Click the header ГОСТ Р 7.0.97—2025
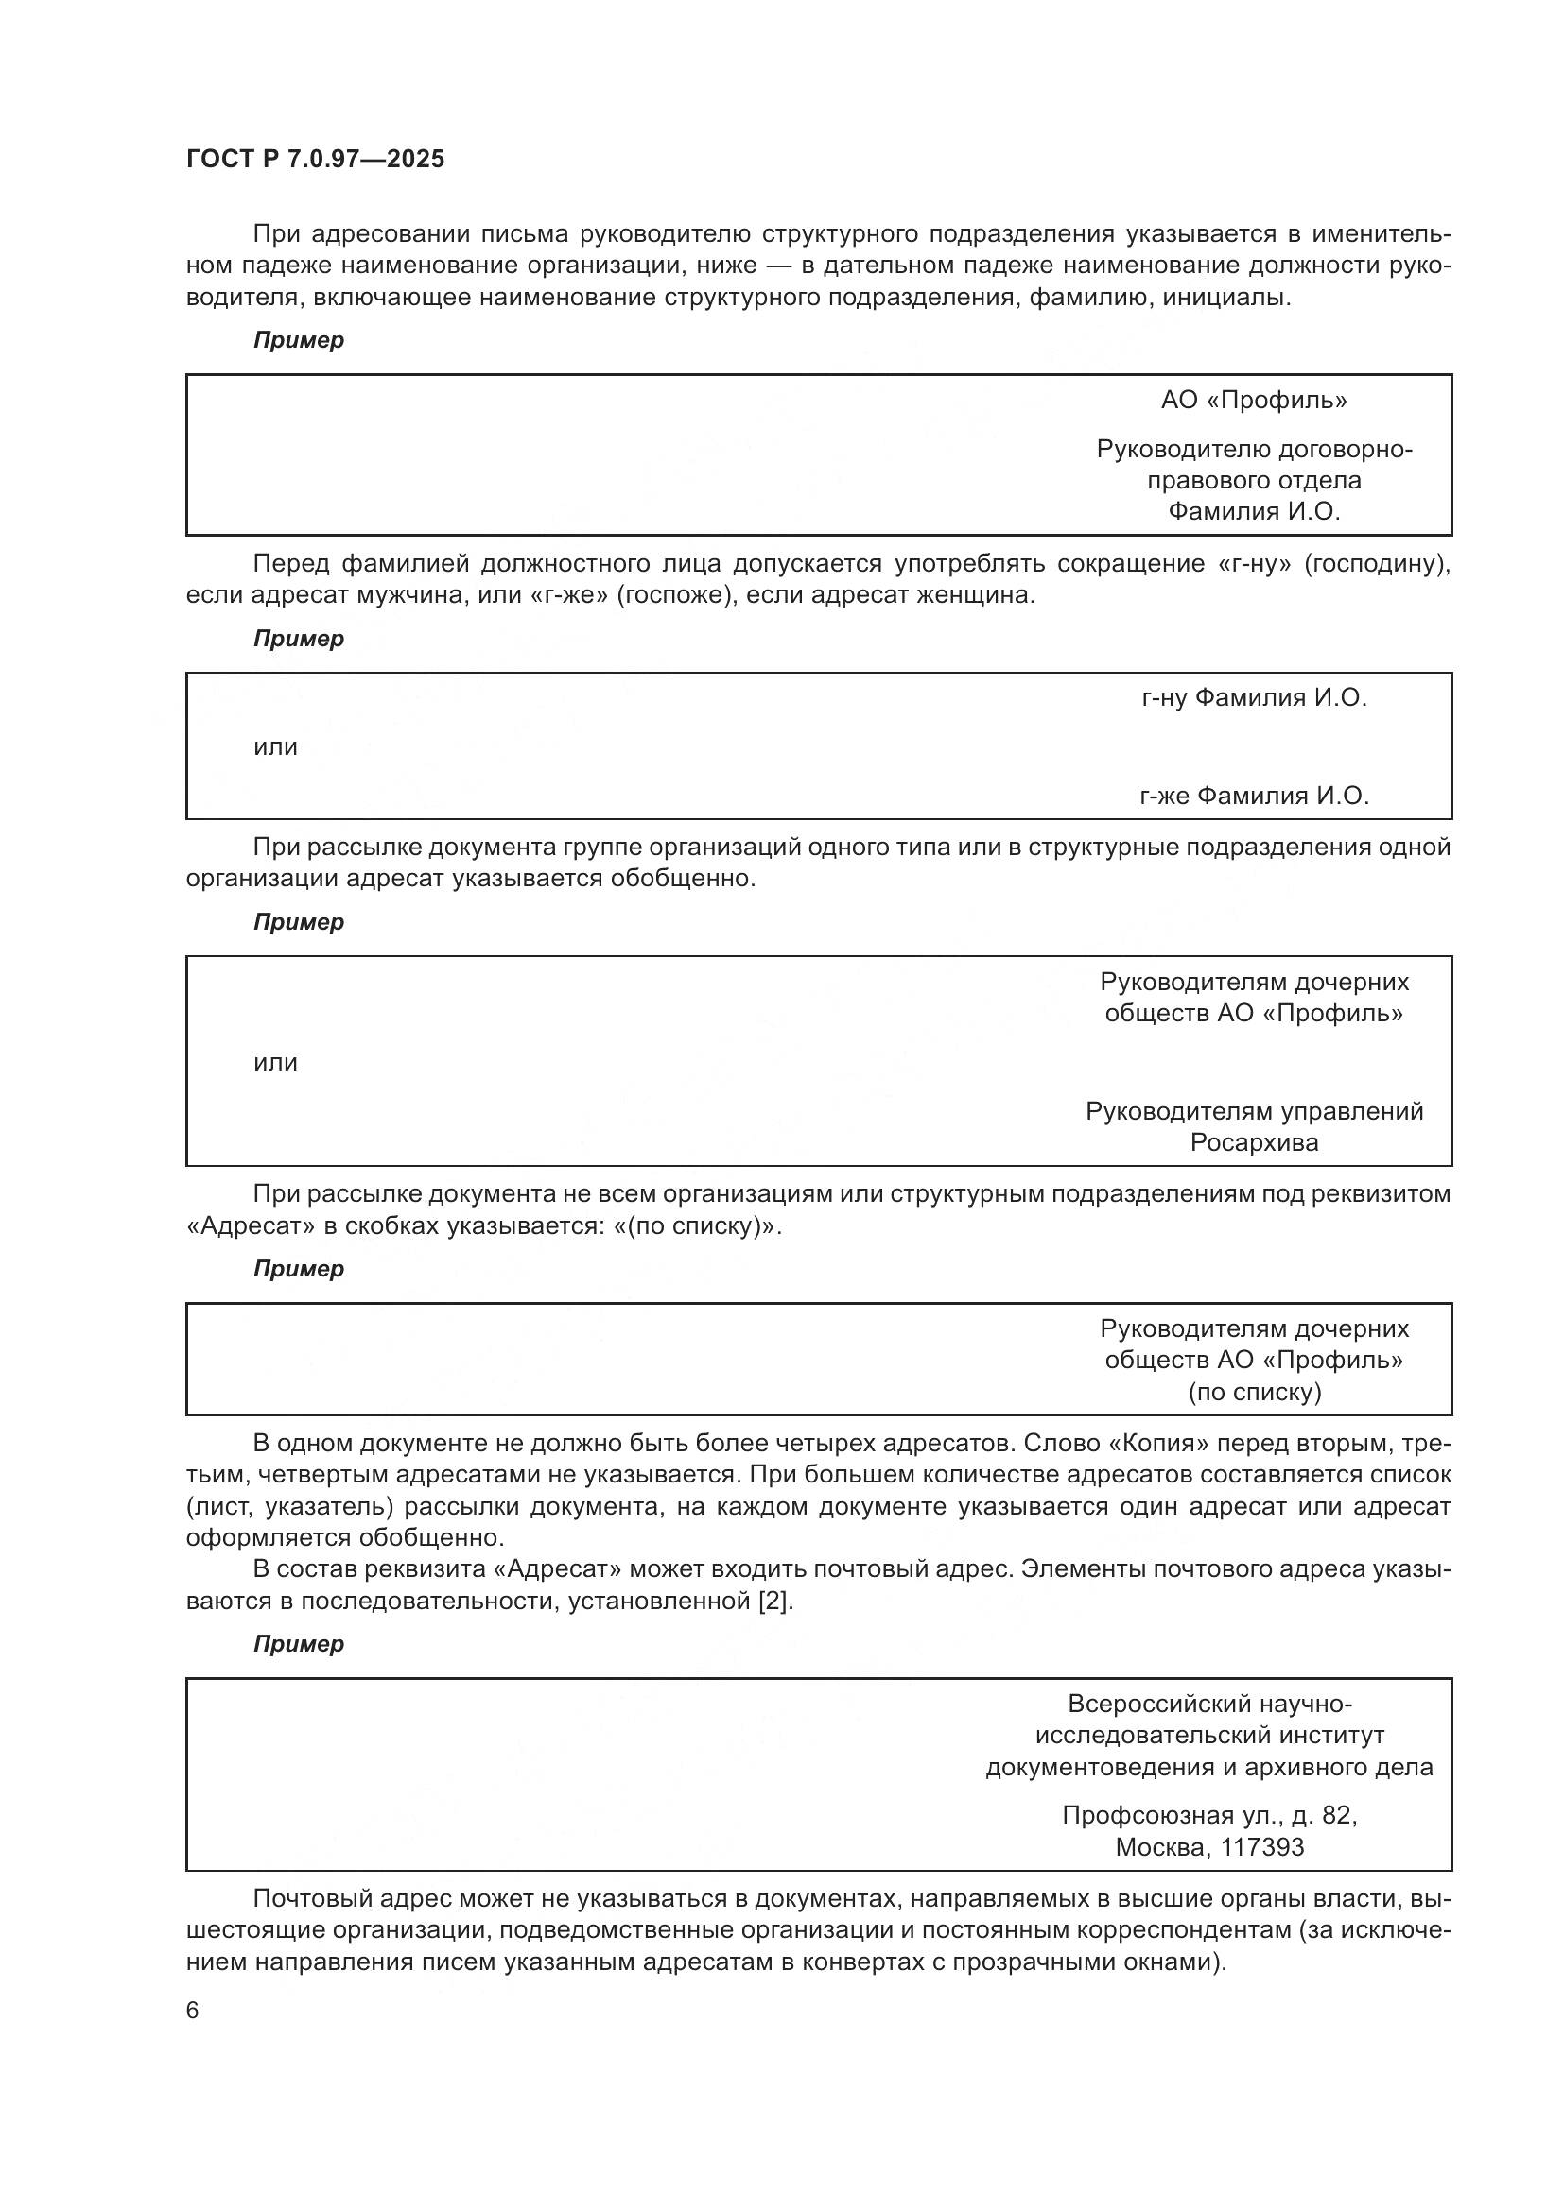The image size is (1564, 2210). (x=315, y=159)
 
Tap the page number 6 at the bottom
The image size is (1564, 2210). (x=193, y=2011)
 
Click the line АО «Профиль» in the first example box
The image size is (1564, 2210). (x=1253, y=401)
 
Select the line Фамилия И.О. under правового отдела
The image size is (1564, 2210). (x=1253, y=511)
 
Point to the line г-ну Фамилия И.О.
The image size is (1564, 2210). (x=1254, y=698)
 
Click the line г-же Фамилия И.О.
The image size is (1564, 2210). (x=1254, y=796)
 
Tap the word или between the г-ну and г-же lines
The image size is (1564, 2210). (x=275, y=747)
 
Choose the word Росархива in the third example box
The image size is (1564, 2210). (x=1254, y=1142)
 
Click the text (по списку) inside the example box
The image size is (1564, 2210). (x=1254, y=1392)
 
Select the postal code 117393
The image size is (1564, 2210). (x=1261, y=1847)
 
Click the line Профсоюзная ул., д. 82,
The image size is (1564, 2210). (x=1209, y=1815)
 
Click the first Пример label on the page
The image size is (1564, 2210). (x=299, y=340)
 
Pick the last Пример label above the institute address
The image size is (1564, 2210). (x=299, y=1644)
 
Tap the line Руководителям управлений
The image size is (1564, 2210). (x=1254, y=1112)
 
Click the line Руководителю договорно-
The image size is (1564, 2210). (x=1254, y=450)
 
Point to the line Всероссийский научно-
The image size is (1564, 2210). (x=1209, y=1704)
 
